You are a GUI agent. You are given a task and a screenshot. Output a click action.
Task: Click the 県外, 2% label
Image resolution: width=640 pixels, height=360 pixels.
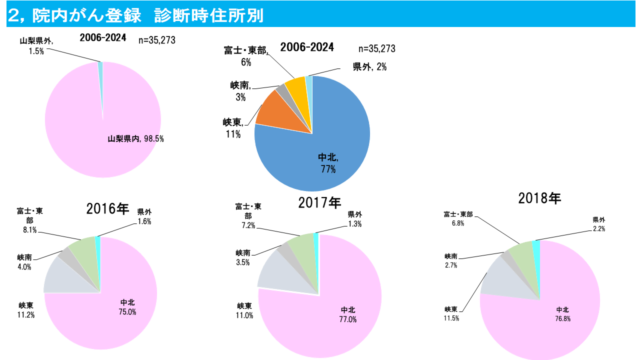tap(369, 67)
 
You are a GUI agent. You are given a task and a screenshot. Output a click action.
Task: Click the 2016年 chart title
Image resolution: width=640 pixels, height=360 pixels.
tap(107, 208)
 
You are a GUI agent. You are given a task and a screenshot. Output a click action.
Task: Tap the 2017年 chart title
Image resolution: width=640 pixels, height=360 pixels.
tap(319, 202)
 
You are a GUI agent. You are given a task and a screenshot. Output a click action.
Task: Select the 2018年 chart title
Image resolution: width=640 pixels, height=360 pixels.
tap(539, 198)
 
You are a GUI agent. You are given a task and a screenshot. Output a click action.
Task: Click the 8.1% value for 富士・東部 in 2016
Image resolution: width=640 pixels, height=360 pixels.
tap(29, 230)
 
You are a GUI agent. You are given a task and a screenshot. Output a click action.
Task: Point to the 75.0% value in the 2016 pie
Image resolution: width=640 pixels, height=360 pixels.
tap(127, 312)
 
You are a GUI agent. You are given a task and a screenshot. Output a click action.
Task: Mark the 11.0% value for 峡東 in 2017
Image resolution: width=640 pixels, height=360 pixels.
tap(244, 315)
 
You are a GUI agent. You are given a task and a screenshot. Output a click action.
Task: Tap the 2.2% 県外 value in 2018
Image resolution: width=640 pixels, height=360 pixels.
tap(598, 229)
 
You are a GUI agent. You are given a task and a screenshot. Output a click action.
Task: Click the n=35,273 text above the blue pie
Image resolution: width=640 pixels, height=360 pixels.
tap(377, 48)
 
